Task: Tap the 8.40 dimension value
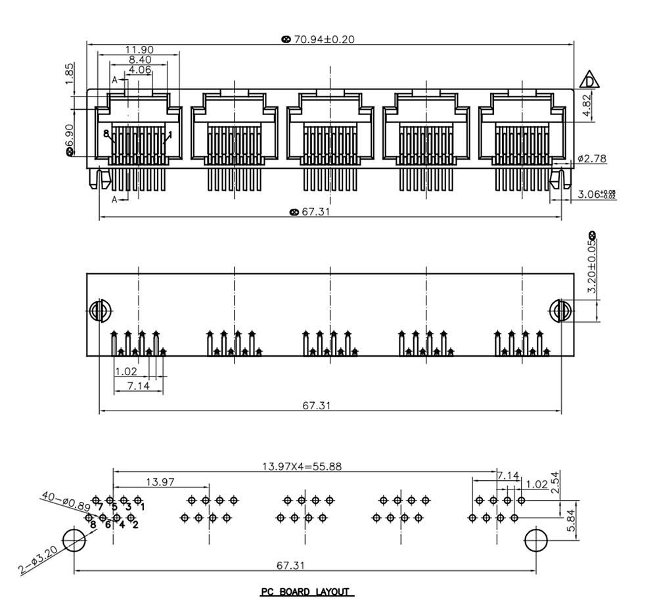[x=140, y=60]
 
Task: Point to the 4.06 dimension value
[x=140, y=70]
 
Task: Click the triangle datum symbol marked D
[x=590, y=80]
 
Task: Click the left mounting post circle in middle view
[x=99, y=310]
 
